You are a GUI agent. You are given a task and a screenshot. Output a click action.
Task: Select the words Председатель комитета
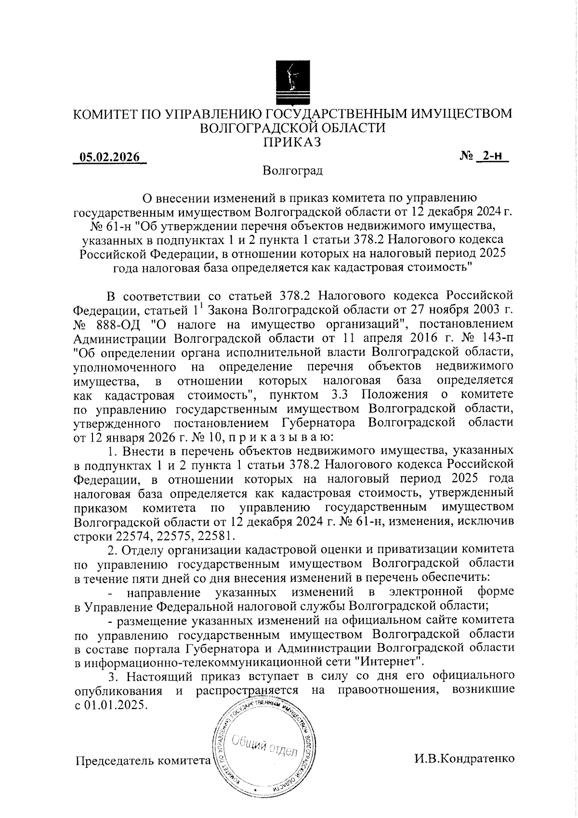pyautogui.click(x=143, y=761)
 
